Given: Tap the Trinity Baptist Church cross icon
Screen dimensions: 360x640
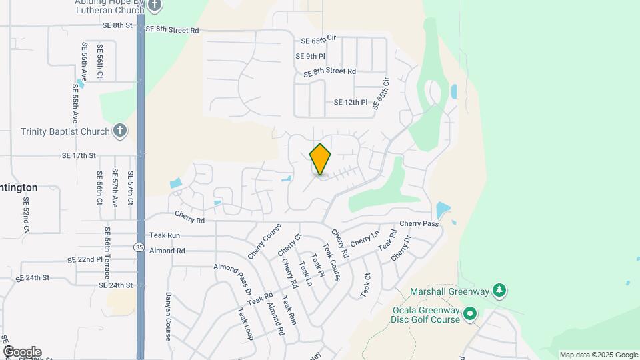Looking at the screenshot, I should [119, 130].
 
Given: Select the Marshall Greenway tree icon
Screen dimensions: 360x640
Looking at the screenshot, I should [499, 290].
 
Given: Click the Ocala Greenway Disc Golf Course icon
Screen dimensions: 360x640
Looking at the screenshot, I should [470, 313].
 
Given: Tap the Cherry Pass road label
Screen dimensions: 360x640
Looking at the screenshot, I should [419, 224].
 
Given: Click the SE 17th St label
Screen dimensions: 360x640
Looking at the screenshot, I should [79, 155].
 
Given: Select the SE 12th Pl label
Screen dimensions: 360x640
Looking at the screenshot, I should [351, 103].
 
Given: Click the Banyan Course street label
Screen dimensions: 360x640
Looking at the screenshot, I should [168, 315].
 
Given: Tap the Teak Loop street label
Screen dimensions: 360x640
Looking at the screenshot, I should [245, 324].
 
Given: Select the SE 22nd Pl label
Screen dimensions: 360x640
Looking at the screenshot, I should [85, 259].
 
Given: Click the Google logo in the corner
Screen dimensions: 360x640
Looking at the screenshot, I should [22, 351].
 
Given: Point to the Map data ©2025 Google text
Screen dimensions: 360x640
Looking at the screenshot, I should [599, 355].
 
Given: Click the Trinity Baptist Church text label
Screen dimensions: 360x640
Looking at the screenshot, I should [64, 131].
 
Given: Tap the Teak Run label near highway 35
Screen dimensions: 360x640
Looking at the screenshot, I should [165, 235].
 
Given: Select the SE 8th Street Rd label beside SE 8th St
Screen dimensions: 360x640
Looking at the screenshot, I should [172, 30].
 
